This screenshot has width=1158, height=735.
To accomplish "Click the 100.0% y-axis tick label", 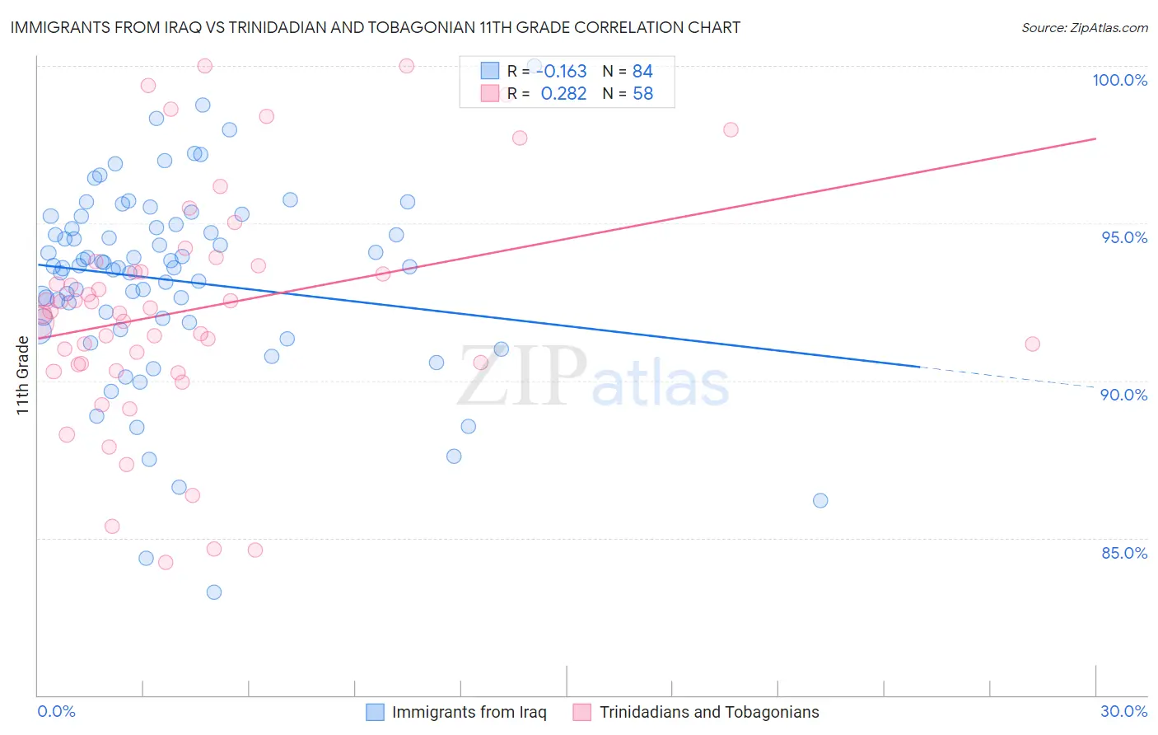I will click(1119, 80).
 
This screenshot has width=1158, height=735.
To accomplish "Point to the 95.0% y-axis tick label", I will click(1124, 237).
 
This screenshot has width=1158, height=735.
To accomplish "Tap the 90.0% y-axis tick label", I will click(1123, 395).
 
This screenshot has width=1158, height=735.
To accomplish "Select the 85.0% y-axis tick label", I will click(1124, 553).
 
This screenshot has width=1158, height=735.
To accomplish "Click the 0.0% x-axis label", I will click(56, 712).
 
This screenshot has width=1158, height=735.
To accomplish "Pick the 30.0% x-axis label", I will click(1123, 712).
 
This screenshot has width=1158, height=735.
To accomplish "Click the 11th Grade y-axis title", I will click(23, 375).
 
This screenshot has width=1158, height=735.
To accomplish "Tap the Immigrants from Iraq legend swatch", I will click(375, 713).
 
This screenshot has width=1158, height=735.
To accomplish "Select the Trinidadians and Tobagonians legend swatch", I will click(582, 713).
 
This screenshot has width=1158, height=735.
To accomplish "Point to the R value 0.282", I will click(563, 94).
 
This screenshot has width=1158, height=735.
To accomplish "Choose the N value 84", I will click(642, 72).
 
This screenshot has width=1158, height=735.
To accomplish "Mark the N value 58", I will click(642, 94).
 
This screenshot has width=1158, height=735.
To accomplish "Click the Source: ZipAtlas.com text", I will click(1084, 28).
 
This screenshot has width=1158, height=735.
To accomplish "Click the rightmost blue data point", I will click(820, 501).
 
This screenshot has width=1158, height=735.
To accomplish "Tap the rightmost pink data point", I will click(1032, 344).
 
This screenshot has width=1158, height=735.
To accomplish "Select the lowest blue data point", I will click(214, 592).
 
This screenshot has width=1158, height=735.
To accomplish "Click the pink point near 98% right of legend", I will click(731, 130).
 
